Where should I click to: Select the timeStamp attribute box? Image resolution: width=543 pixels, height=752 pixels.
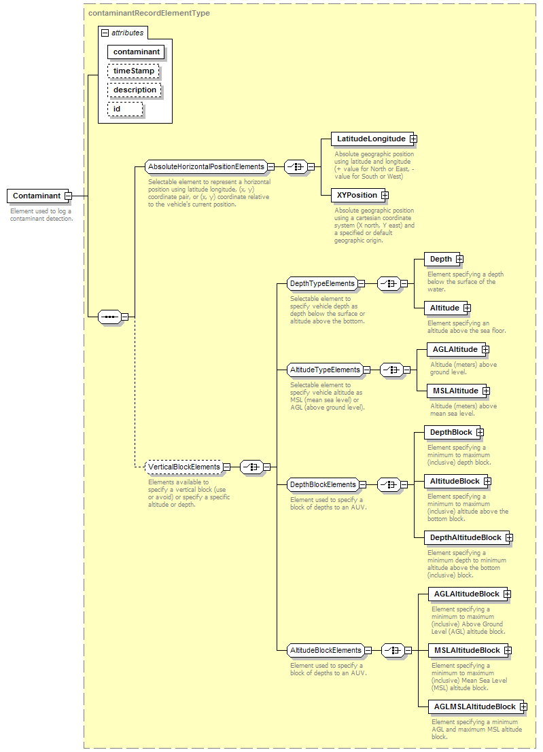point(133,71)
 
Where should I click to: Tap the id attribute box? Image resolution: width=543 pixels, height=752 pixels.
point(125,109)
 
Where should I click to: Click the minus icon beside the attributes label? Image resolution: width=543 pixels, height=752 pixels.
point(105,33)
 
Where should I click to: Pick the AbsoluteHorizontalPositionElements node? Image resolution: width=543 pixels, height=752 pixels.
point(206,166)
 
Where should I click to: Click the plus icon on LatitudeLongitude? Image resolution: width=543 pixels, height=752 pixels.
point(413,139)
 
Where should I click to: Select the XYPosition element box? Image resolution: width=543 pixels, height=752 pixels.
point(356,195)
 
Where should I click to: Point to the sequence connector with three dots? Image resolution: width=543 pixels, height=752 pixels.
point(110,317)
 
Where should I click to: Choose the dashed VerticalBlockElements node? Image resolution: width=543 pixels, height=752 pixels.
point(183,467)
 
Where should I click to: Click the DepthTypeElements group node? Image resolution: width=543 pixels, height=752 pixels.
point(322,283)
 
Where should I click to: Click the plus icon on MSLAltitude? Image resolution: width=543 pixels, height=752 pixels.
point(486,391)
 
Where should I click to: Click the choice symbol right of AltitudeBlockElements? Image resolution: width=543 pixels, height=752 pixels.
point(393,650)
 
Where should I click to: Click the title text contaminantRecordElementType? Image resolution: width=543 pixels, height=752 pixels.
point(150,13)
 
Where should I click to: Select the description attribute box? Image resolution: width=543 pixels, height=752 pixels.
point(135,90)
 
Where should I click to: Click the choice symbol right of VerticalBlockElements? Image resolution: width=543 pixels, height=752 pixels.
point(251,467)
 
